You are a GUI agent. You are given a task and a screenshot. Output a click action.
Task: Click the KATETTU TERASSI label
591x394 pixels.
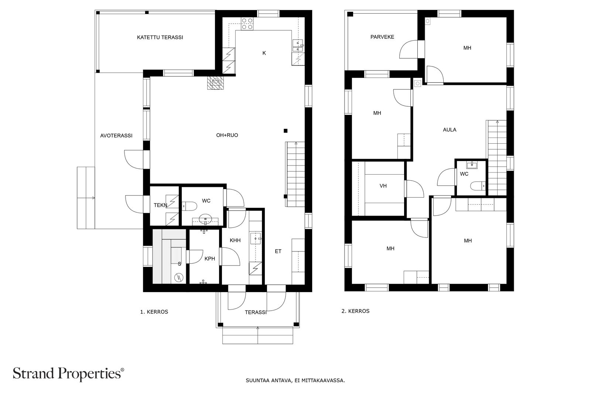(x=160, y=37)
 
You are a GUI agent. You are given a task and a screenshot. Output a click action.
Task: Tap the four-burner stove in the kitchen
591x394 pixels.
(x=247, y=24)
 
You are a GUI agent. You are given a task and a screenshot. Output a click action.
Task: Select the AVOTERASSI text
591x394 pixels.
(x=116, y=136)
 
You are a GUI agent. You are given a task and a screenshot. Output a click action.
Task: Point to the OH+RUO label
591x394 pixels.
(x=227, y=135)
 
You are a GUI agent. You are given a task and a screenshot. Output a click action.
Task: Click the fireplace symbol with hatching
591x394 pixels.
(x=215, y=83)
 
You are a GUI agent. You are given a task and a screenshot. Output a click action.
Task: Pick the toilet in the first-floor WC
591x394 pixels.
(x=189, y=206)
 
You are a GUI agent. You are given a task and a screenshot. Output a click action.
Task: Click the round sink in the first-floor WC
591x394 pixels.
(x=205, y=219)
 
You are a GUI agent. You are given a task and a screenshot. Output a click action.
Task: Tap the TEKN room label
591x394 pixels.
(x=160, y=205)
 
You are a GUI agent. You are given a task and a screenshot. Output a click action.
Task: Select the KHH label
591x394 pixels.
(x=235, y=240)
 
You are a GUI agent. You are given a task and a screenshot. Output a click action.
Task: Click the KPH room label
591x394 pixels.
(x=210, y=259)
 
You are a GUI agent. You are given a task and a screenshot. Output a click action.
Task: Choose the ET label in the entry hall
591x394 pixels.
(x=278, y=251)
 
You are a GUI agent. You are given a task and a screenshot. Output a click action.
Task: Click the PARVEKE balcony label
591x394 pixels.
(x=382, y=37)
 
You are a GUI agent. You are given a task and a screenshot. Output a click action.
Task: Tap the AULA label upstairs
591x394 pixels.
(x=450, y=130)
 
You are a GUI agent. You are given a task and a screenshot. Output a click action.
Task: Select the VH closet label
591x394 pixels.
(x=383, y=186)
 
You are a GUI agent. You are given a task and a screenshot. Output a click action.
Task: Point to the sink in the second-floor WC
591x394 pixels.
(x=472, y=165)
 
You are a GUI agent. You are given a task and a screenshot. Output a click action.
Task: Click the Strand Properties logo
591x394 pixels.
(x=68, y=373)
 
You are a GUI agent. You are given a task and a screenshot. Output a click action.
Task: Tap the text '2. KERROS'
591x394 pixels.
(x=355, y=311)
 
